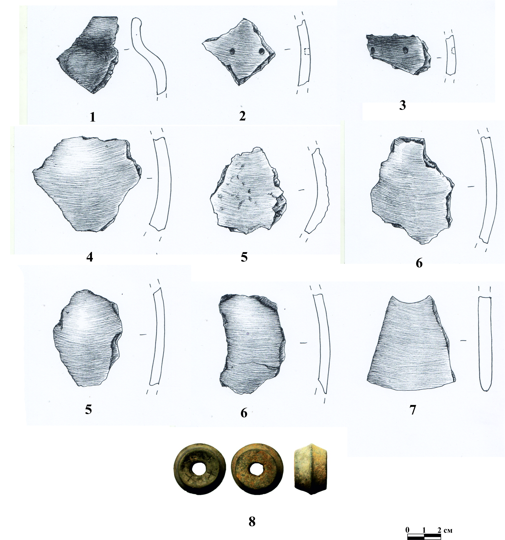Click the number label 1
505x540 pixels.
pyautogui.click(x=93, y=117)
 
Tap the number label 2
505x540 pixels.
pyautogui.click(x=242, y=116)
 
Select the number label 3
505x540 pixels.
pyautogui.click(x=402, y=105)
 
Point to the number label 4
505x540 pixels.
pyautogui.click(x=89, y=257)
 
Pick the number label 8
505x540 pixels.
pyautogui.click(x=252, y=521)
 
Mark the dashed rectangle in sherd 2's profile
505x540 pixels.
pyautogui.click(x=307, y=52)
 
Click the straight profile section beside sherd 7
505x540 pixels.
pyautogui.click(x=484, y=344)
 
